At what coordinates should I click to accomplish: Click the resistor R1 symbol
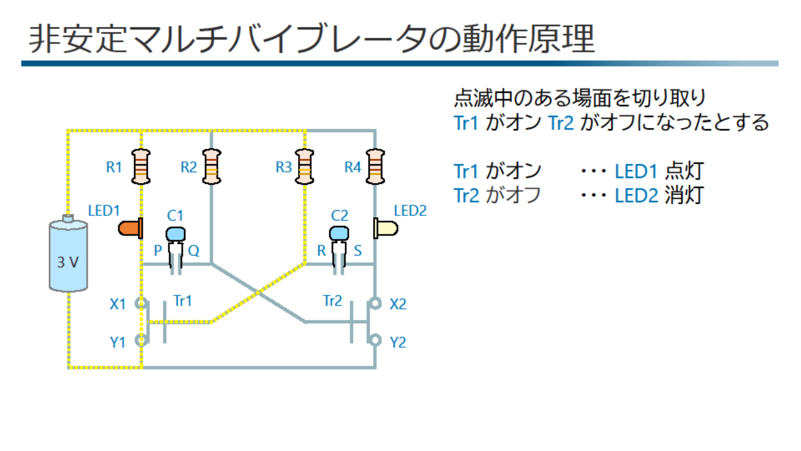click(x=141, y=167)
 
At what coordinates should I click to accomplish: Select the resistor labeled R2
click(x=212, y=167)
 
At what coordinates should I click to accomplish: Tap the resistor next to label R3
click(x=304, y=167)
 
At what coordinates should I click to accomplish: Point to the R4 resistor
click(x=375, y=167)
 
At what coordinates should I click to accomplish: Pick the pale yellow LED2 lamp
click(x=386, y=228)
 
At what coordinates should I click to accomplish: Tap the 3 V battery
click(x=68, y=255)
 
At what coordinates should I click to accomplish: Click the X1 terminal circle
click(x=141, y=303)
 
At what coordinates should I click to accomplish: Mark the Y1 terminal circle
click(x=141, y=340)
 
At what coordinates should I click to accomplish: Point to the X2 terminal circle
click(x=375, y=303)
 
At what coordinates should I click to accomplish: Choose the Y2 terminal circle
click(x=375, y=340)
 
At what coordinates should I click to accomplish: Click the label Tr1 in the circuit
click(x=183, y=301)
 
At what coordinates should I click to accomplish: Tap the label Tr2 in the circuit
click(x=333, y=301)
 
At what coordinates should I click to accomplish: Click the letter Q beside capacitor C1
click(x=193, y=251)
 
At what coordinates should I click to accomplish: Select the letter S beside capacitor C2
click(x=358, y=251)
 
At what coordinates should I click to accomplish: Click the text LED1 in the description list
click(x=636, y=171)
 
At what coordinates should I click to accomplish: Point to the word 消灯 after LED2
click(x=684, y=196)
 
